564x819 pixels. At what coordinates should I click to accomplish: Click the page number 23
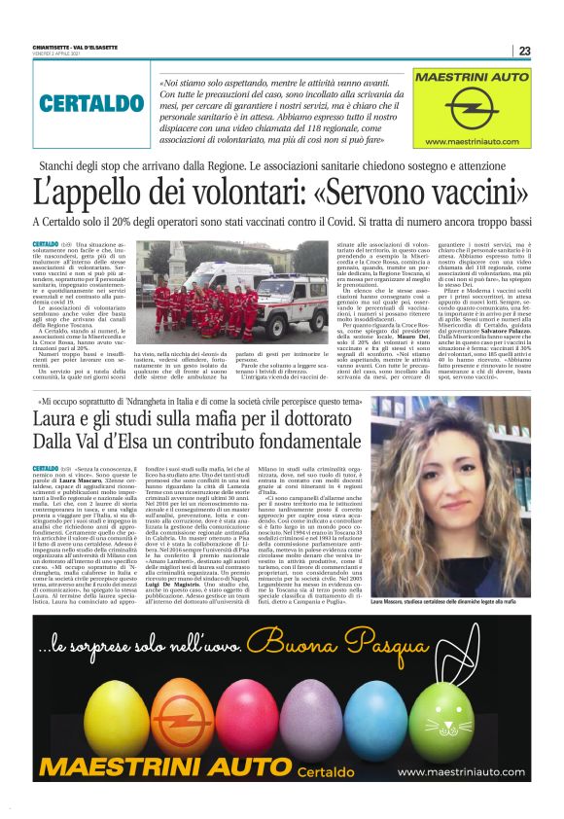tap(524, 51)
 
